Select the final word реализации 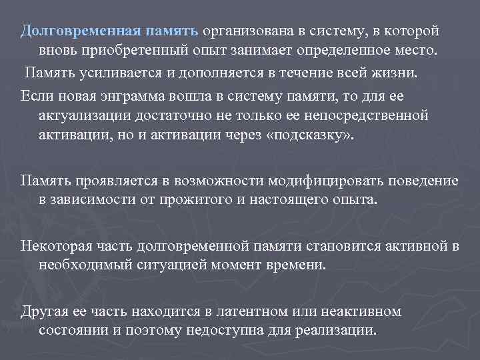click(341, 331)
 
